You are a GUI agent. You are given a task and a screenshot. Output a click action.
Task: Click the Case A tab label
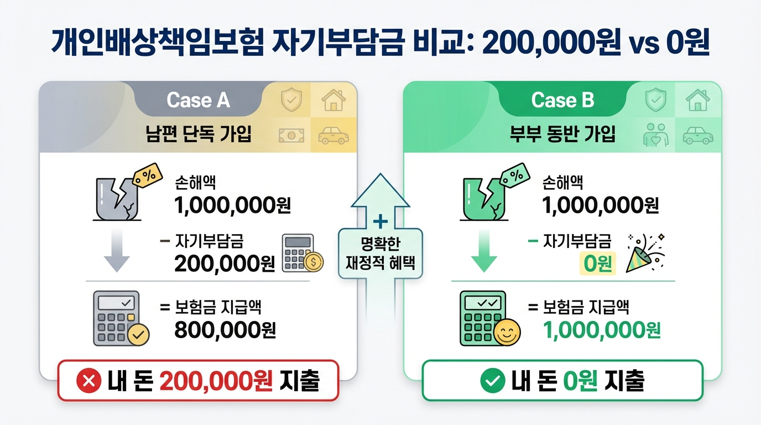[198, 100]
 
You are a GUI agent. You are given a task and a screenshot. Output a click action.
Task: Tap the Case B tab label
[562, 100]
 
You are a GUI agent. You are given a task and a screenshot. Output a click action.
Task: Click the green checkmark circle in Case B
[492, 381]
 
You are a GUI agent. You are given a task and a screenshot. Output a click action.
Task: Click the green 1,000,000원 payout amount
[602, 330]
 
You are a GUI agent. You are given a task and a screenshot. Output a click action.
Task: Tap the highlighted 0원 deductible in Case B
[597, 264]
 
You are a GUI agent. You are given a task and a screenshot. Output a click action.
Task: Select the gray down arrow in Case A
[117, 252]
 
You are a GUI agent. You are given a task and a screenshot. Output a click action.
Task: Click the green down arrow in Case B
[484, 252]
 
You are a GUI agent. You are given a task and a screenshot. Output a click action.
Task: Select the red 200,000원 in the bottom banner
[216, 381]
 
